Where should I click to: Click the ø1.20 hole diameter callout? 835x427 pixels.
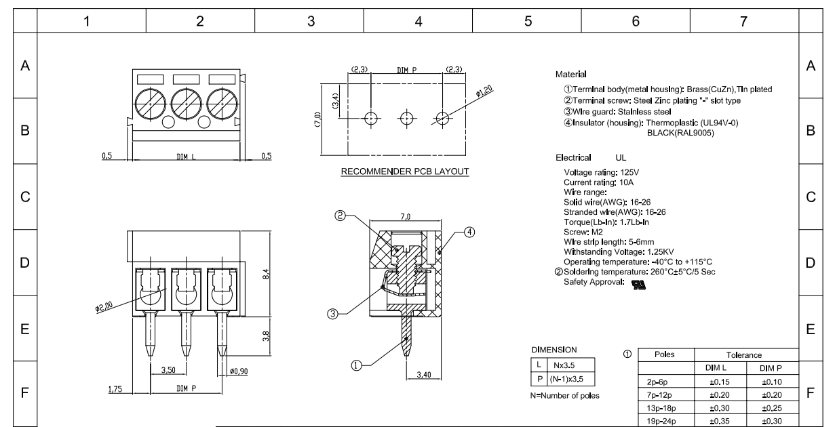484,93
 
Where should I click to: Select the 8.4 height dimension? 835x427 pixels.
266,274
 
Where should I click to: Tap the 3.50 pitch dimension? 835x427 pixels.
168,370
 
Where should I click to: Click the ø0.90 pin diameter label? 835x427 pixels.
239,371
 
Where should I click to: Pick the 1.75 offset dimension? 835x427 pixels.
117,389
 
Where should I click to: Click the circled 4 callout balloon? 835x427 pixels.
468,232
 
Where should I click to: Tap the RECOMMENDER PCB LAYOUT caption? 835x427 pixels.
405,171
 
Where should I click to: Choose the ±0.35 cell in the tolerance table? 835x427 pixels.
720,420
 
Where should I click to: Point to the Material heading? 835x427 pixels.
570,73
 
